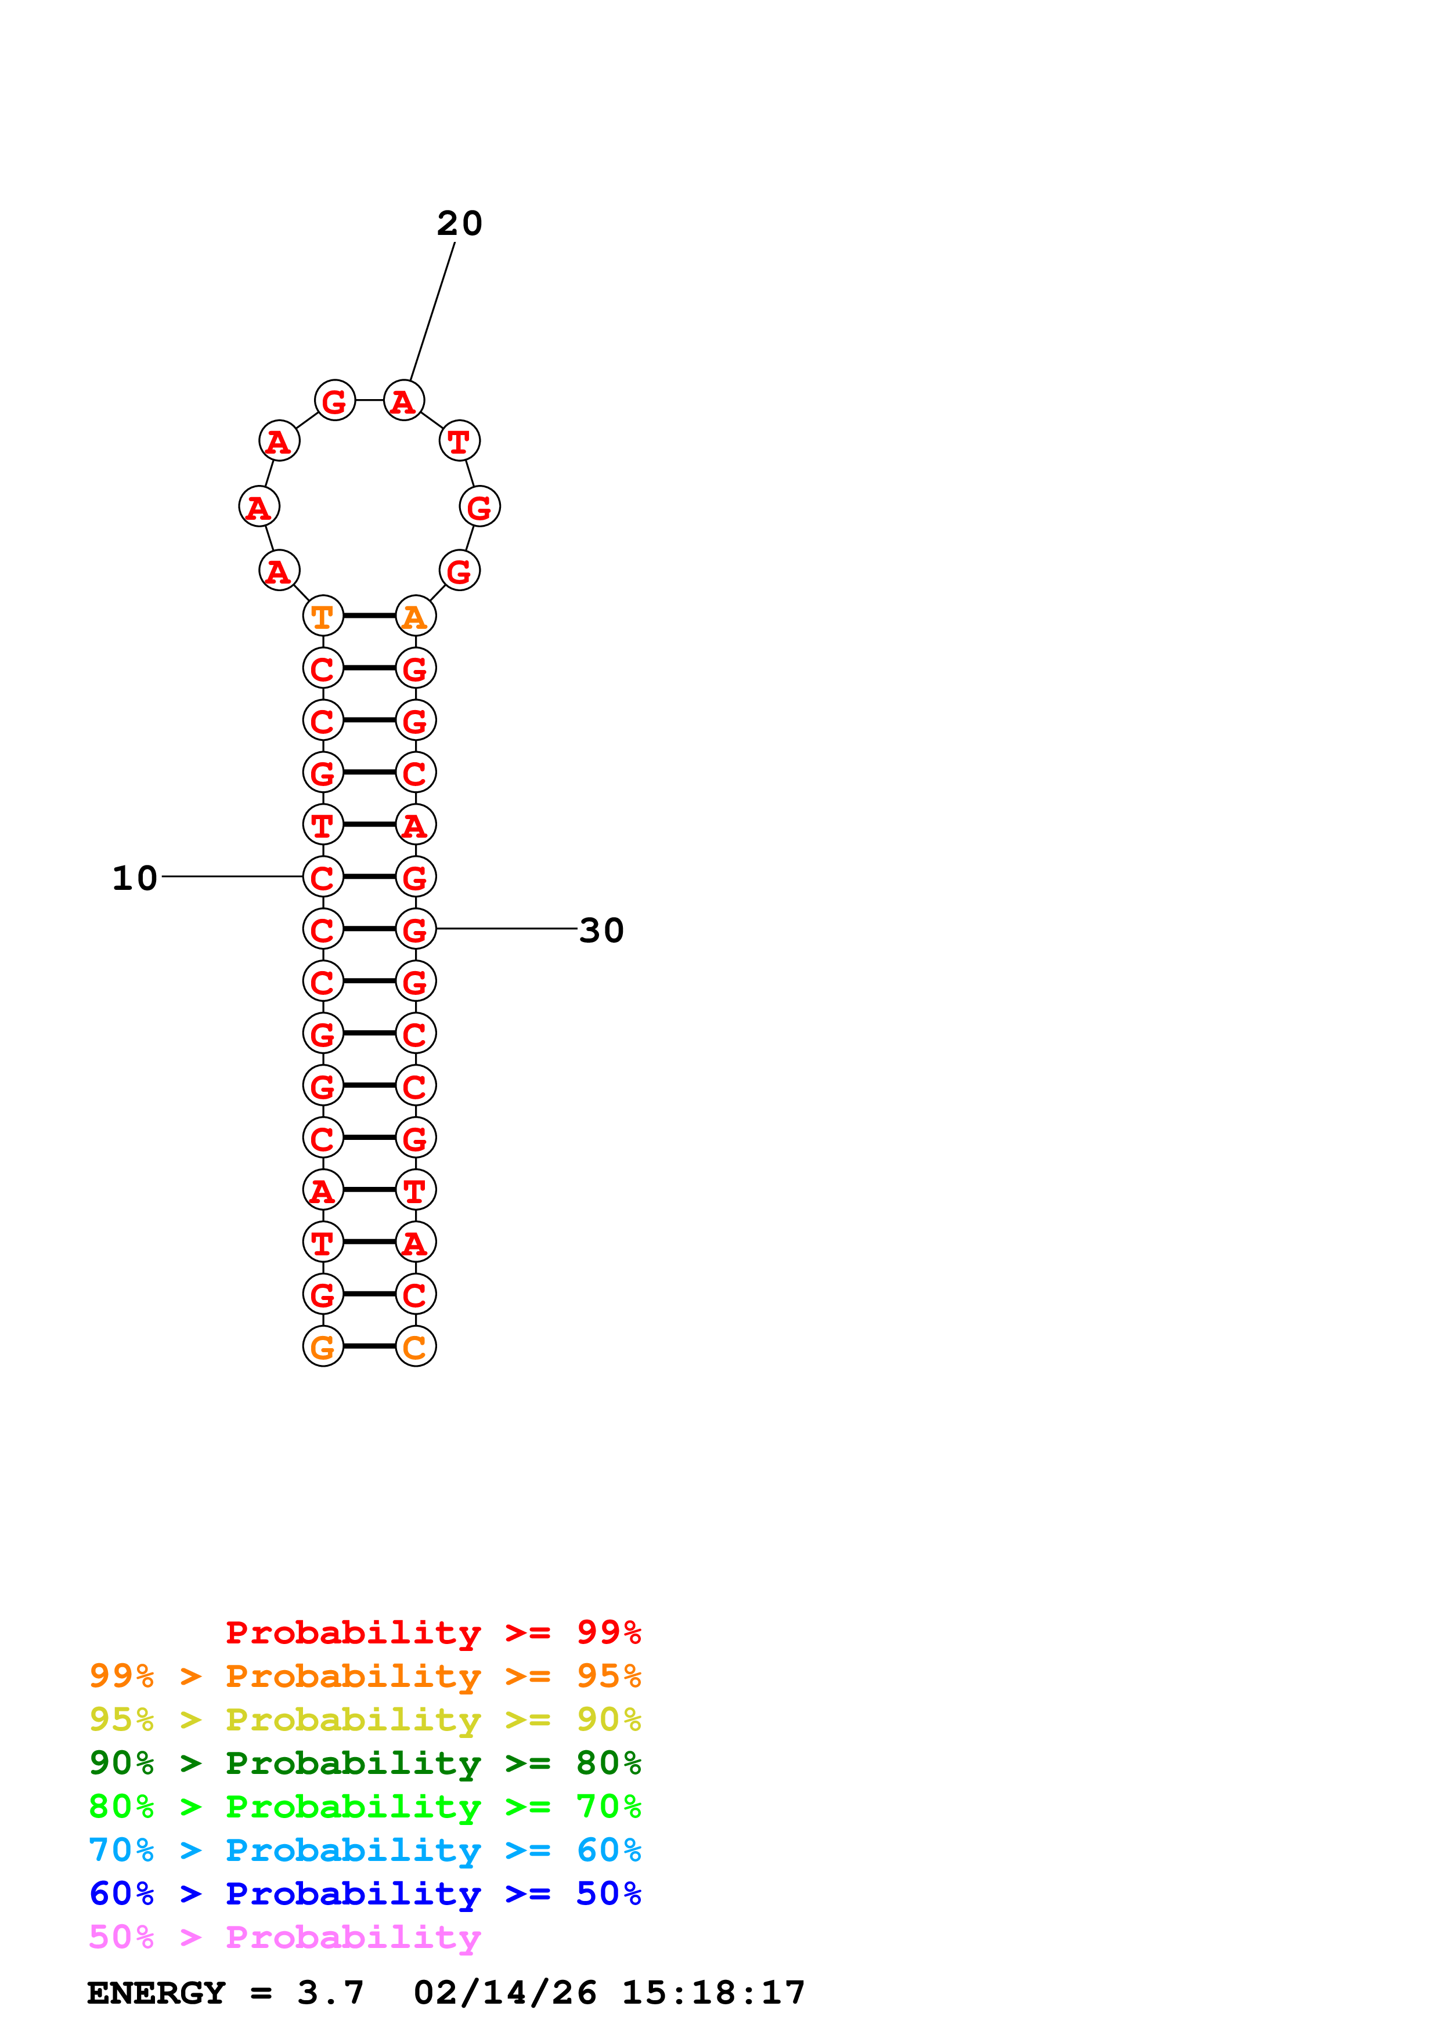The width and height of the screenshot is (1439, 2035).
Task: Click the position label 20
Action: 459,223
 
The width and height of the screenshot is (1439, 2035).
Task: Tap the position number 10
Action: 135,878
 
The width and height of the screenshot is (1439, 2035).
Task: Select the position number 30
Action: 601,930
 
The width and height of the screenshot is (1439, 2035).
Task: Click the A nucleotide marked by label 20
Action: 403,401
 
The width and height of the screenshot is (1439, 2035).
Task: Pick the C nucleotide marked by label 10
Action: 323,878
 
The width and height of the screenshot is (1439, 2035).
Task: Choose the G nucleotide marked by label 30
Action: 415,930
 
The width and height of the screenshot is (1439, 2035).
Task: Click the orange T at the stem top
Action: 323,616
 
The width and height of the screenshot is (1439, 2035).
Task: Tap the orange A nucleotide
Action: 415,616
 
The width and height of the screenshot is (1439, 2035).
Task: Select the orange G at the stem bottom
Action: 323,1346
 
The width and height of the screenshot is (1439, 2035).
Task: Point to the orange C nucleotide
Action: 415,1346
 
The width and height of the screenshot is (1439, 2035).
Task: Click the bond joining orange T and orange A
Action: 369,615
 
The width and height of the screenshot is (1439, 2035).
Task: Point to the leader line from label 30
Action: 506,929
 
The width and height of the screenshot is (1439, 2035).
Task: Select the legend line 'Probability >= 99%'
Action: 432,1632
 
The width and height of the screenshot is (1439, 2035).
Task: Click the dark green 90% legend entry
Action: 365,1763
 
